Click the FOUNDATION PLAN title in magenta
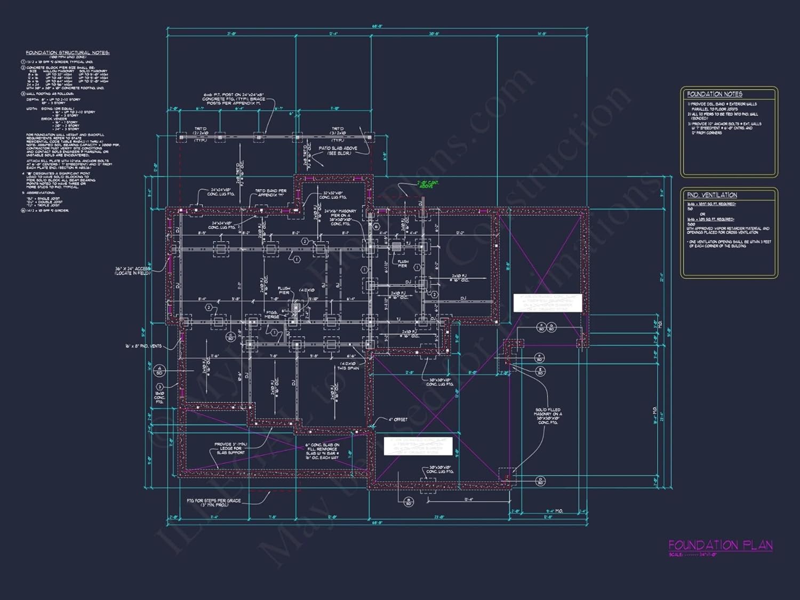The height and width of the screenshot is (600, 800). pos(720,545)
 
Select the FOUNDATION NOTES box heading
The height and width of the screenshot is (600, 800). pos(714,94)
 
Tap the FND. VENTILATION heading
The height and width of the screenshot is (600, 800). pos(711,195)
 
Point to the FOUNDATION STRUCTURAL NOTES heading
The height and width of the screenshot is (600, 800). pos(67,53)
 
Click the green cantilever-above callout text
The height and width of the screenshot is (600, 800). pos(428,185)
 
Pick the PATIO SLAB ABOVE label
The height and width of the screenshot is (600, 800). pos(338,150)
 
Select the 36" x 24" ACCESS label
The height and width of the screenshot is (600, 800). pos(133,271)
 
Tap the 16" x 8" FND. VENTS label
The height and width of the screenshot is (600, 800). pos(143,346)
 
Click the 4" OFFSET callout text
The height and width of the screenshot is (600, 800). pos(397,419)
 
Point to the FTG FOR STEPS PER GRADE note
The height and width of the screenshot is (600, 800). pos(213,502)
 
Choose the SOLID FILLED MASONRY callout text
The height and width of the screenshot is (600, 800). pos(548,416)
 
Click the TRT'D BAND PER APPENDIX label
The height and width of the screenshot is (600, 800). pos(270,193)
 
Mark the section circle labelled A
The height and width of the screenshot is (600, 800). pos(159,370)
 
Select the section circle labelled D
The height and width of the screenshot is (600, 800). pos(540,481)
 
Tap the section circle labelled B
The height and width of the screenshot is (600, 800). pos(409,501)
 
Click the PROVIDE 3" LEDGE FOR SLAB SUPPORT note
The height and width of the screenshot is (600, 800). pos(230,448)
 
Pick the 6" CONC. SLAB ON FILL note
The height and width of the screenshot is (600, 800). pos(322,451)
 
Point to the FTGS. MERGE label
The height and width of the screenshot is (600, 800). pos(272,315)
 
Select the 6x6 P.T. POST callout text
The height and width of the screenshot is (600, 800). pos(233,99)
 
